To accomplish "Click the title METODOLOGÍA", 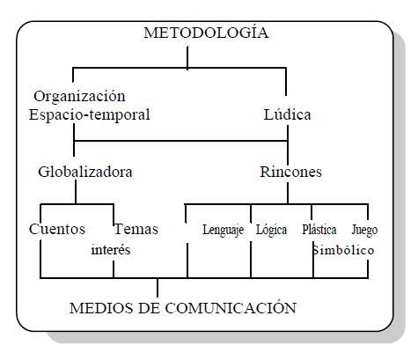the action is click(x=206, y=32).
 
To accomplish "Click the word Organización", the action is click(x=79, y=97).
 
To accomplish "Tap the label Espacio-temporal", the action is click(x=90, y=114).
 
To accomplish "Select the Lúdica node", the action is click(x=287, y=114).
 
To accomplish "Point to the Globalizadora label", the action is click(x=85, y=172).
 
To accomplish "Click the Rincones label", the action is click(x=290, y=172).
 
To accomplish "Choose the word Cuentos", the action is click(x=57, y=229).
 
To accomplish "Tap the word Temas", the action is click(x=136, y=229).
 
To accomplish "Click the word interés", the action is click(x=111, y=250).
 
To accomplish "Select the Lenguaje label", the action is click(x=223, y=230).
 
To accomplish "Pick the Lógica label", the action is click(x=271, y=230).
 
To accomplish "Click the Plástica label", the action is click(x=319, y=230).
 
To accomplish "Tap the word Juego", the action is click(x=364, y=230).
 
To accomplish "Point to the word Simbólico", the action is click(x=343, y=250).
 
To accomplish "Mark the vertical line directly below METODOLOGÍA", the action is click(x=187, y=58).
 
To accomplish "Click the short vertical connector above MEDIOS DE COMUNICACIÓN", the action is click(x=158, y=288).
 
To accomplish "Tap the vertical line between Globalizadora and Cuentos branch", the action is click(x=76, y=192).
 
